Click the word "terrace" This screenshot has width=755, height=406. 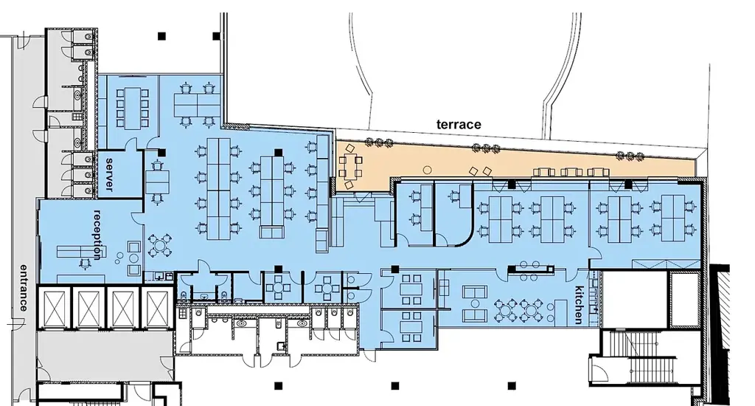click(x=459, y=125)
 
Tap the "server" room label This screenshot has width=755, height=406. click(x=109, y=174)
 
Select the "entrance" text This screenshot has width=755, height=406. click(x=24, y=287)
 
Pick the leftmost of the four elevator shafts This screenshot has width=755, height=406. click(x=54, y=308)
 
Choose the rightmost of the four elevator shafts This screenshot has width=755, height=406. click(x=157, y=308)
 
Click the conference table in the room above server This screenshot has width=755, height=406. click(x=132, y=108)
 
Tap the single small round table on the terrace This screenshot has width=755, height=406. click(x=427, y=170)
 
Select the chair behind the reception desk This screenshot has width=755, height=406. click(x=86, y=264)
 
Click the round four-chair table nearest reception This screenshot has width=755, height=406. click(x=159, y=245)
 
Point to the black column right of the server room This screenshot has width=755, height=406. click(x=161, y=153)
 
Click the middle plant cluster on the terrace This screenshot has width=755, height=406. click(x=485, y=148)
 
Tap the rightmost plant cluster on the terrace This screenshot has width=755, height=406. click(x=630, y=155)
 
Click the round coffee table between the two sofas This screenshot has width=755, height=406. click(x=475, y=304)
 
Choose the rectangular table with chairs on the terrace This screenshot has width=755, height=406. click(x=350, y=166)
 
